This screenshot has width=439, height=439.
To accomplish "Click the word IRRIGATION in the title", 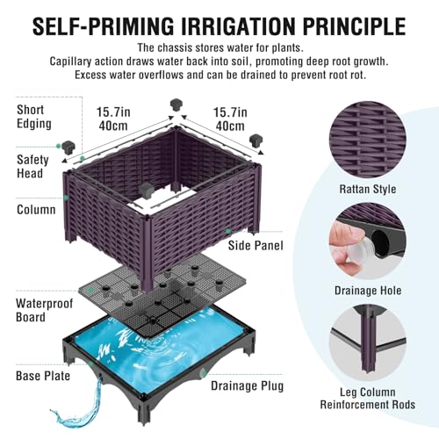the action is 239,26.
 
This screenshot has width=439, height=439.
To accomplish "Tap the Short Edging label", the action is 34,117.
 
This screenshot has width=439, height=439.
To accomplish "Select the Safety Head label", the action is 32,167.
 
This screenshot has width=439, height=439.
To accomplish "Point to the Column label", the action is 36,210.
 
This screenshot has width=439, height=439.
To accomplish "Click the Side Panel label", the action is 255,245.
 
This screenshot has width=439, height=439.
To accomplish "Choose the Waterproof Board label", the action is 44,310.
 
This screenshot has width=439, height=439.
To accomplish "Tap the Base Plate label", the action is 43,376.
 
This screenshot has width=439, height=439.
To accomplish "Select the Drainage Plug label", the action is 248,386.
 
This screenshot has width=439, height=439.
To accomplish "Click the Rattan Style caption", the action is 368,189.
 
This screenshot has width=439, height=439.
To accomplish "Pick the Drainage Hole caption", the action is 368,291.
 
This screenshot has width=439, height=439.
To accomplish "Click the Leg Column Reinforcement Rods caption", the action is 368,399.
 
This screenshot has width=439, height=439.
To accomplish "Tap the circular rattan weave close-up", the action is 368,140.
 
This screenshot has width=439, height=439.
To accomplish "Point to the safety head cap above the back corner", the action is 176,104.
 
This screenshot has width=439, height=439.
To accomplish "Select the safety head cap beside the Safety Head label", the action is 68,148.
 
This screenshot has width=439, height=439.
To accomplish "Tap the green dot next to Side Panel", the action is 228,231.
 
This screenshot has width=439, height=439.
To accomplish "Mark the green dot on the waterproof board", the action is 91,290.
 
